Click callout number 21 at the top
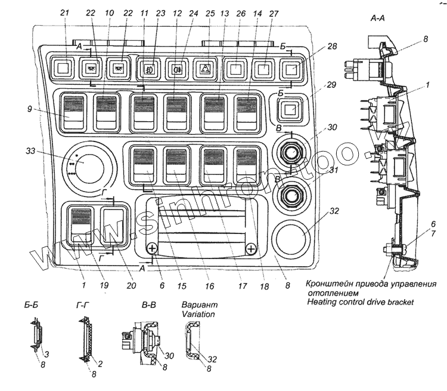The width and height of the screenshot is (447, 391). pyautogui.click(x=65, y=13)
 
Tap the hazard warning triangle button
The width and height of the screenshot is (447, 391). pyautogui.click(x=205, y=68)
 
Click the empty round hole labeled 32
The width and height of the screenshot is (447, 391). pyautogui.click(x=290, y=239)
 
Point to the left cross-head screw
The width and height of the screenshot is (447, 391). pyautogui.click(x=152, y=248)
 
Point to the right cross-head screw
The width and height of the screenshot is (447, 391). pyautogui.click(x=251, y=249)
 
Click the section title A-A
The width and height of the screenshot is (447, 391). pyautogui.click(x=377, y=19)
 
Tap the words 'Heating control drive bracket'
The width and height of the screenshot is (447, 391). pyautogui.click(x=360, y=302)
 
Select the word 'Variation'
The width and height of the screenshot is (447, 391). pyautogui.click(x=198, y=315)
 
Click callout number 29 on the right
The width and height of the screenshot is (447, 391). pyautogui.click(x=331, y=85)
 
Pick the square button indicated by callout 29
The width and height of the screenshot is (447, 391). pyautogui.click(x=290, y=109)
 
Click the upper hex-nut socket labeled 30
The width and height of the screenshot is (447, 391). pyautogui.click(x=291, y=151)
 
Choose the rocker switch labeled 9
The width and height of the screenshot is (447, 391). pyautogui.click(x=73, y=112)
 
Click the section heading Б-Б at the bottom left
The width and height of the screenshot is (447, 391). pyautogui.click(x=31, y=305)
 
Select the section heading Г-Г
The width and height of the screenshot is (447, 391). pyautogui.click(x=83, y=306)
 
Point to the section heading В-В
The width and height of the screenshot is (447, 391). pyautogui.click(x=148, y=305)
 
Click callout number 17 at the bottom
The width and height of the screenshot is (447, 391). pyautogui.click(x=243, y=285)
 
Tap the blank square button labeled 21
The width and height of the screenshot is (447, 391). pyautogui.click(x=63, y=68)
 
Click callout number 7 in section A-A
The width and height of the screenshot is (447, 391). pyautogui.click(x=433, y=233)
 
